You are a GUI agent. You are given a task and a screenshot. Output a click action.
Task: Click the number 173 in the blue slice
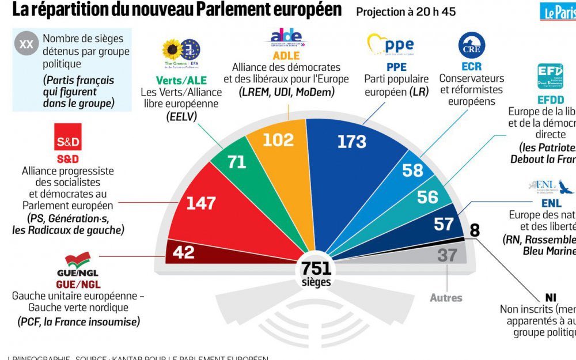coord(351,142)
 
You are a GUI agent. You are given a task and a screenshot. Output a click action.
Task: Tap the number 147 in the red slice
coord(200,203)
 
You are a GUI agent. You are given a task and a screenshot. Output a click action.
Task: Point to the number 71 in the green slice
coord(236,162)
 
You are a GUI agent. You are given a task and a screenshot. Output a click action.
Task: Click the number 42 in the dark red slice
coord(183,252)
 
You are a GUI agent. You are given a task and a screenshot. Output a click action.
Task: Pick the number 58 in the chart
coord(412,170)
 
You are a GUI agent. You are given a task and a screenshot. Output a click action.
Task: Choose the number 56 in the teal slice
coord(427,197)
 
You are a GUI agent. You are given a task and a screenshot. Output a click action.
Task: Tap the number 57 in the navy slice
coord(444,223)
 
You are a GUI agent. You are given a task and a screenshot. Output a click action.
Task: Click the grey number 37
coord(447,255)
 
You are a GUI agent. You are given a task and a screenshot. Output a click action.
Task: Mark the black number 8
coord(475,230)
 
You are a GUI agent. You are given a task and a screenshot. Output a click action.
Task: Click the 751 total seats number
coord(316,268)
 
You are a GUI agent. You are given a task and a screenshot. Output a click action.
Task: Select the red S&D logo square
coord(68,137)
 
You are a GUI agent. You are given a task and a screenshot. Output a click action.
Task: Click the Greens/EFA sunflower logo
coord(172,50)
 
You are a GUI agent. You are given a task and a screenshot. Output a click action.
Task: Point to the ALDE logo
coord(286,39)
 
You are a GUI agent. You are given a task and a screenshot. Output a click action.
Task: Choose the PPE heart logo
coord(391,44)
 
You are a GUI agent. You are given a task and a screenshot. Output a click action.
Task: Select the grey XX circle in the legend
coord(26,43)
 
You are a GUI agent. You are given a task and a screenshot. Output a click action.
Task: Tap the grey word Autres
coord(446,298)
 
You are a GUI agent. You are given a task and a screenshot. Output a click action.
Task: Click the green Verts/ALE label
coord(181,80)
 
